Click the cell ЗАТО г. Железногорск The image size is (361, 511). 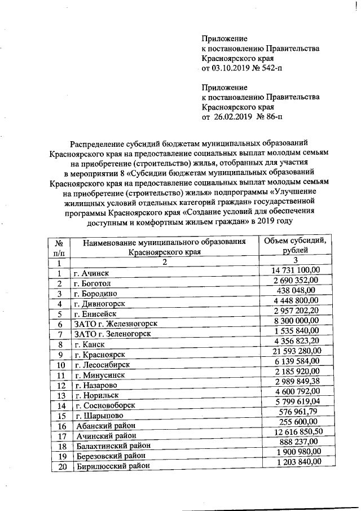click(115, 324)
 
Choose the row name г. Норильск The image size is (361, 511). click(96, 395)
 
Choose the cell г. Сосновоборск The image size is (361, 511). click(104, 405)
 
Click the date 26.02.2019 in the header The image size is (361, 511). click(231, 117)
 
